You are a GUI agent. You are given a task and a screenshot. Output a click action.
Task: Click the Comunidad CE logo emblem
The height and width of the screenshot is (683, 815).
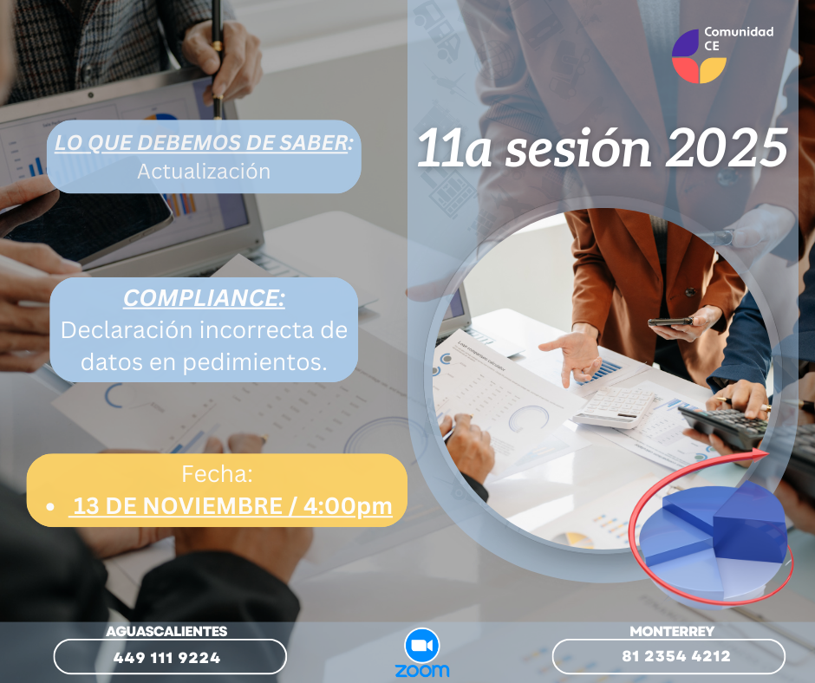[x=699, y=56]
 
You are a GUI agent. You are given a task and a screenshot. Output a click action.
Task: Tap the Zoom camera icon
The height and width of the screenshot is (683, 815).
[x=422, y=646]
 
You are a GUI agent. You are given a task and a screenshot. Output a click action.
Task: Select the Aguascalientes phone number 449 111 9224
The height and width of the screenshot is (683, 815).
[x=166, y=658]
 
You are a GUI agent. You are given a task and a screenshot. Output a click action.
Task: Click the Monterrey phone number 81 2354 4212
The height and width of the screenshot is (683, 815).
[x=676, y=656]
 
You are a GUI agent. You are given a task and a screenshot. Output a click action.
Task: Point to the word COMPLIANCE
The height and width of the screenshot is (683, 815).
[x=203, y=298]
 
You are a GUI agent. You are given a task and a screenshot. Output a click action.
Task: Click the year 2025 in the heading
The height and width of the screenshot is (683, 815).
[x=727, y=149]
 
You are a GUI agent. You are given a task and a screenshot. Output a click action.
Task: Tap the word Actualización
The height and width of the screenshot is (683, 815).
[x=204, y=172]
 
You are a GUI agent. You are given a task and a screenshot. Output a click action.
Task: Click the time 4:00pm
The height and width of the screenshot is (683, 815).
[x=348, y=507]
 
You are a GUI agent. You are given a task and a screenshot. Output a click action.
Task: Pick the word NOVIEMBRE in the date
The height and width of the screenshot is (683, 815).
[x=212, y=506]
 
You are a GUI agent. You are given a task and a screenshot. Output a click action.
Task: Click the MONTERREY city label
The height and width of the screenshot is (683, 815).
[x=672, y=631]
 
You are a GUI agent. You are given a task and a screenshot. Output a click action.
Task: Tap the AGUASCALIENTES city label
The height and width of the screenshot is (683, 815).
[x=166, y=631]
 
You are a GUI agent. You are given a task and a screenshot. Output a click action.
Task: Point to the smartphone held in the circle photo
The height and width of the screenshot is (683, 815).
[x=670, y=322]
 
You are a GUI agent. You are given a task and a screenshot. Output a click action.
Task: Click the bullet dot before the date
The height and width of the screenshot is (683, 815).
[x=50, y=507]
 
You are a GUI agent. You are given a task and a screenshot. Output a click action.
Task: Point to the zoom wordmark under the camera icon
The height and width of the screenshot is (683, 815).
[x=422, y=671]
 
